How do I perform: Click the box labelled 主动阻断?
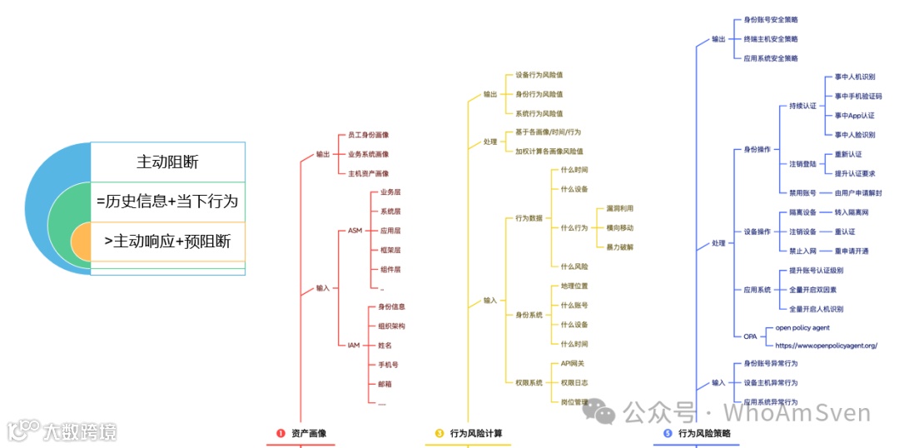(167, 162)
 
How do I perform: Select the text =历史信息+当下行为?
(167, 202)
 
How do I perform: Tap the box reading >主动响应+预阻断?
(167, 241)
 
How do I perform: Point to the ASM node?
(355, 230)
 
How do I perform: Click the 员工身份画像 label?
(369, 135)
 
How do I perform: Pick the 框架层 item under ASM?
(390, 250)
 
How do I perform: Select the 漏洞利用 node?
(620, 208)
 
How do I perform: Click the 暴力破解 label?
(620, 246)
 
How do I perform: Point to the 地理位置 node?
(574, 286)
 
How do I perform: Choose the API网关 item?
(573, 363)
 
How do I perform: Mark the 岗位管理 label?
(574, 402)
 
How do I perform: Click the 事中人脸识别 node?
(855, 134)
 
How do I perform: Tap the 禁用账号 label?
(803, 192)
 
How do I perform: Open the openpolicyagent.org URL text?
(826, 345)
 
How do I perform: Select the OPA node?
(750, 336)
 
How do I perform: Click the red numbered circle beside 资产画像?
(281, 433)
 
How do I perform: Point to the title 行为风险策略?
(704, 433)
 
